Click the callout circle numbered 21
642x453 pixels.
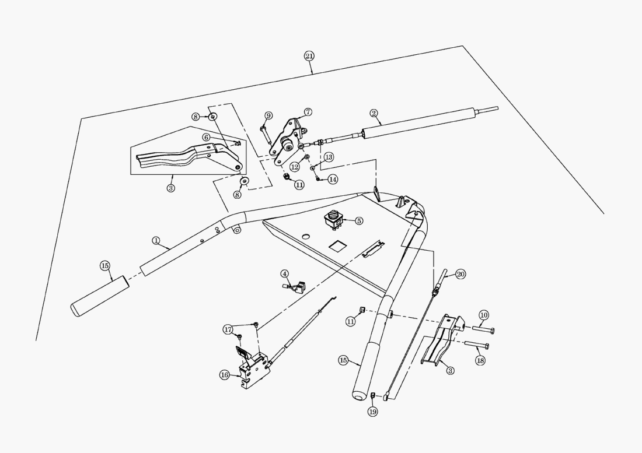tap(309, 56)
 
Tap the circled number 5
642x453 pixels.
tap(359, 221)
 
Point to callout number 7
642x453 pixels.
tap(308, 111)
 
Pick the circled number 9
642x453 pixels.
tap(268, 115)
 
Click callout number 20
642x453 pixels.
tap(460, 274)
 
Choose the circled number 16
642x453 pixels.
tap(224, 375)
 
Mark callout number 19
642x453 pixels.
tap(372, 412)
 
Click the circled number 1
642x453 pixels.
tap(156, 240)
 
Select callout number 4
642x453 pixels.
tap(284, 273)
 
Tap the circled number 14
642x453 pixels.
tap(332, 180)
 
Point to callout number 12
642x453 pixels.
tap(295, 167)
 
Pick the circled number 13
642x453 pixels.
tap(329, 157)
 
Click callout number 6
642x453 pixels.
tap(206, 137)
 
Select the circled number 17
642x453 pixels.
tap(228, 329)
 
